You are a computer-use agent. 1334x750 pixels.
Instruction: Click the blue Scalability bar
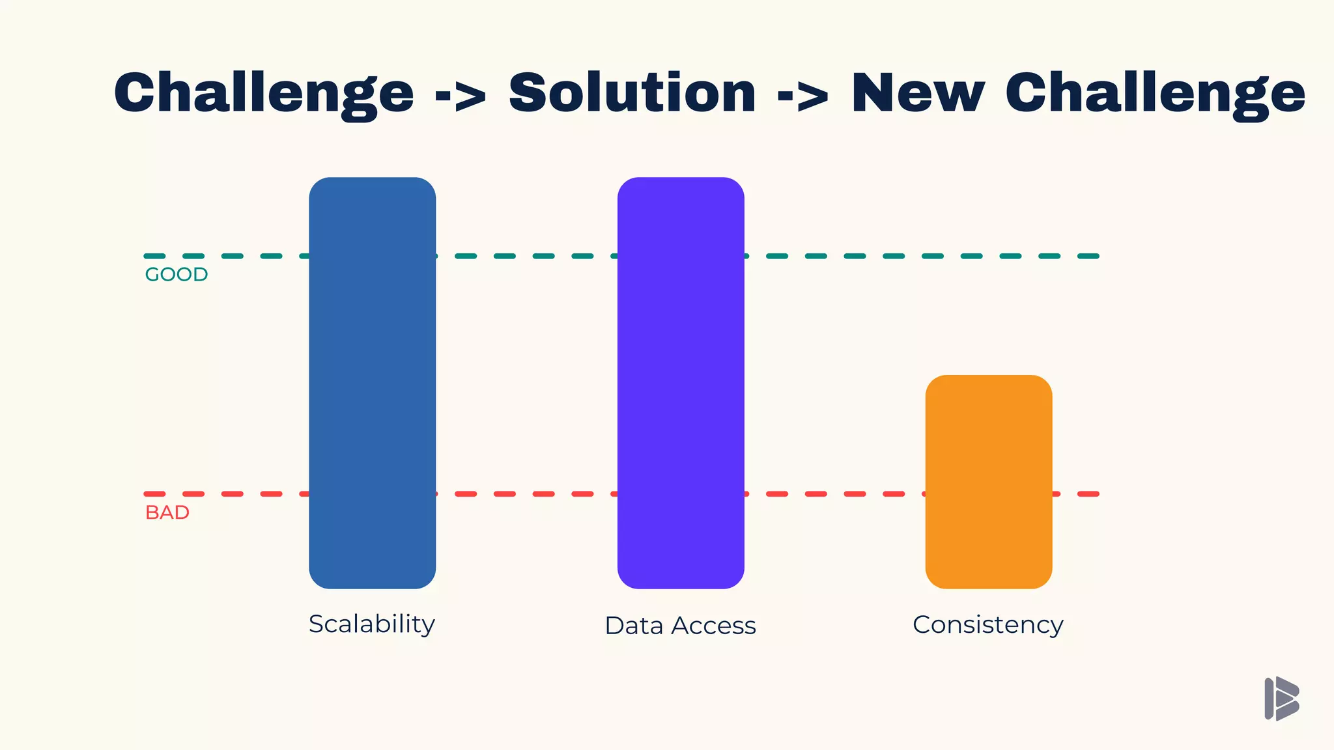coord(372,383)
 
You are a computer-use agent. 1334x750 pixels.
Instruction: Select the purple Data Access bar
coord(681,383)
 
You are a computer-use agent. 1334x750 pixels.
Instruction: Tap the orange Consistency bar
coord(989,482)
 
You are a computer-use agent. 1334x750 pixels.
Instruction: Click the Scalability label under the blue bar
coord(371,624)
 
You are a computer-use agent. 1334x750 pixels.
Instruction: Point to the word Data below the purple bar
coord(634,626)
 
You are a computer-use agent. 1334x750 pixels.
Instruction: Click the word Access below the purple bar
coord(714,626)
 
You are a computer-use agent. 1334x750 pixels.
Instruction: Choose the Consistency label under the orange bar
coord(988,625)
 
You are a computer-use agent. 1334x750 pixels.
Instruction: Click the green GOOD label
coord(176,275)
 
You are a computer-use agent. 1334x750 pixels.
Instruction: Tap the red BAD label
coord(167,513)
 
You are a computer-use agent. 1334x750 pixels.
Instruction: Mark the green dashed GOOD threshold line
coord(521,257)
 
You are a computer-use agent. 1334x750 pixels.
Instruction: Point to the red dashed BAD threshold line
coord(521,494)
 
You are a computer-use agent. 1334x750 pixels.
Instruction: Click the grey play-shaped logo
coord(1281,699)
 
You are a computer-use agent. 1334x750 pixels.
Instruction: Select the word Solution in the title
coord(632,93)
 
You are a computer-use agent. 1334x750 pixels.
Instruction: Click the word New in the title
coord(918,93)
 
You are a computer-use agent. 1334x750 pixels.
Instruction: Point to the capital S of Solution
coord(528,93)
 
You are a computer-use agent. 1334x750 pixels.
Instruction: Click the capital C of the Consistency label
coord(921,625)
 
